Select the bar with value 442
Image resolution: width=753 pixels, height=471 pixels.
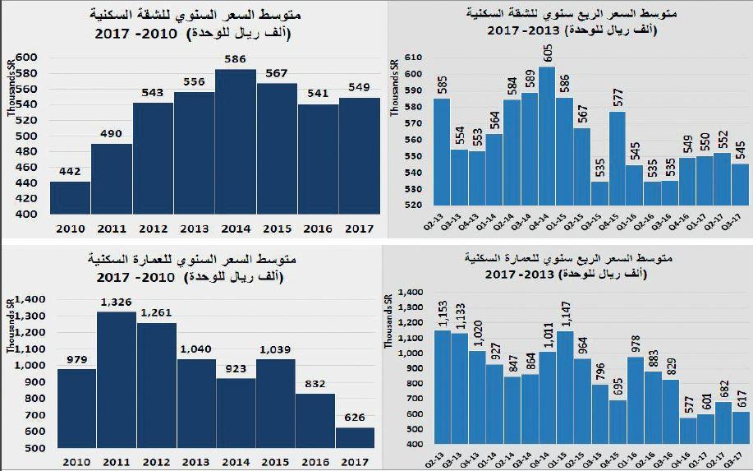pos(70,197)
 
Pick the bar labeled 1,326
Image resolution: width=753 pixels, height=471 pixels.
pos(116,380)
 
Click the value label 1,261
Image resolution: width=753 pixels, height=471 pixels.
pos(156,313)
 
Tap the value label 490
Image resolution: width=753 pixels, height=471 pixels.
pos(111,134)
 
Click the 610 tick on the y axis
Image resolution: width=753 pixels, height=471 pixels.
pos(412,58)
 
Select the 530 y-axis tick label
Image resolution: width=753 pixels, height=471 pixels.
pos(412,189)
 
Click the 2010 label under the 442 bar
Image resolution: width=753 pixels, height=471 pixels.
pos(70,228)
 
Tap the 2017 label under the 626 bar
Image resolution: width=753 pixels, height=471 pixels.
pos(356,462)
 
